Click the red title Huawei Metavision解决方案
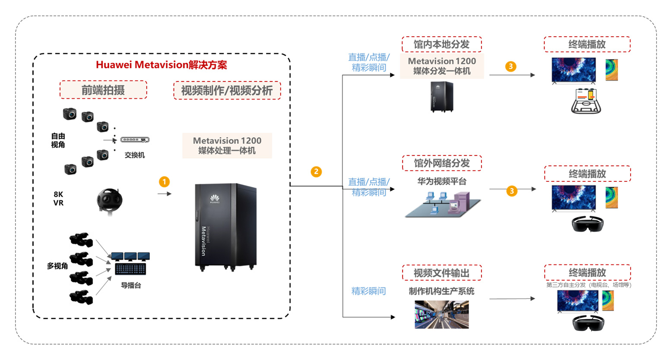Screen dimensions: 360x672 [161, 65]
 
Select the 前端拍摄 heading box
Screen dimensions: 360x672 [103, 90]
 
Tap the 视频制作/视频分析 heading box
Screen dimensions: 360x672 [227, 91]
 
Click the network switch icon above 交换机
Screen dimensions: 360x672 [135, 140]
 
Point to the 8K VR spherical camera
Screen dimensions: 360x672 [109, 201]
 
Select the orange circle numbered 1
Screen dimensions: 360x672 [164, 182]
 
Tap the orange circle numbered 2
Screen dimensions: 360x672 [316, 172]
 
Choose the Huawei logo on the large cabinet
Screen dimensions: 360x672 [215, 199]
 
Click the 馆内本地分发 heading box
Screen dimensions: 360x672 [441, 44]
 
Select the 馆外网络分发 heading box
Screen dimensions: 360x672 [441, 163]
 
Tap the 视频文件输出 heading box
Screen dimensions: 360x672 [441, 273]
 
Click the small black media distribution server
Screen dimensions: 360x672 [442, 97]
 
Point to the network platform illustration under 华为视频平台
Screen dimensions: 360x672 [443, 205]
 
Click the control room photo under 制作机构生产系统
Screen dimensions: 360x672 [441, 315]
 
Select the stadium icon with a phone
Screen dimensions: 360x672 [586, 101]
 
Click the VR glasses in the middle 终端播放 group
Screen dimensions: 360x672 [587, 224]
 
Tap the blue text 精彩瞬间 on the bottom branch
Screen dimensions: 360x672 [368, 291]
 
